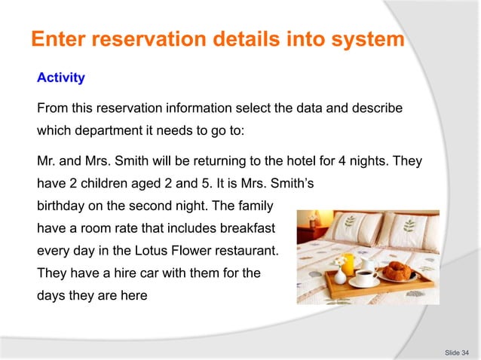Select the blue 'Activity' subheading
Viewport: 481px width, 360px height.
(x=61, y=78)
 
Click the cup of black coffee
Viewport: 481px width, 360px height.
(x=367, y=276)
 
